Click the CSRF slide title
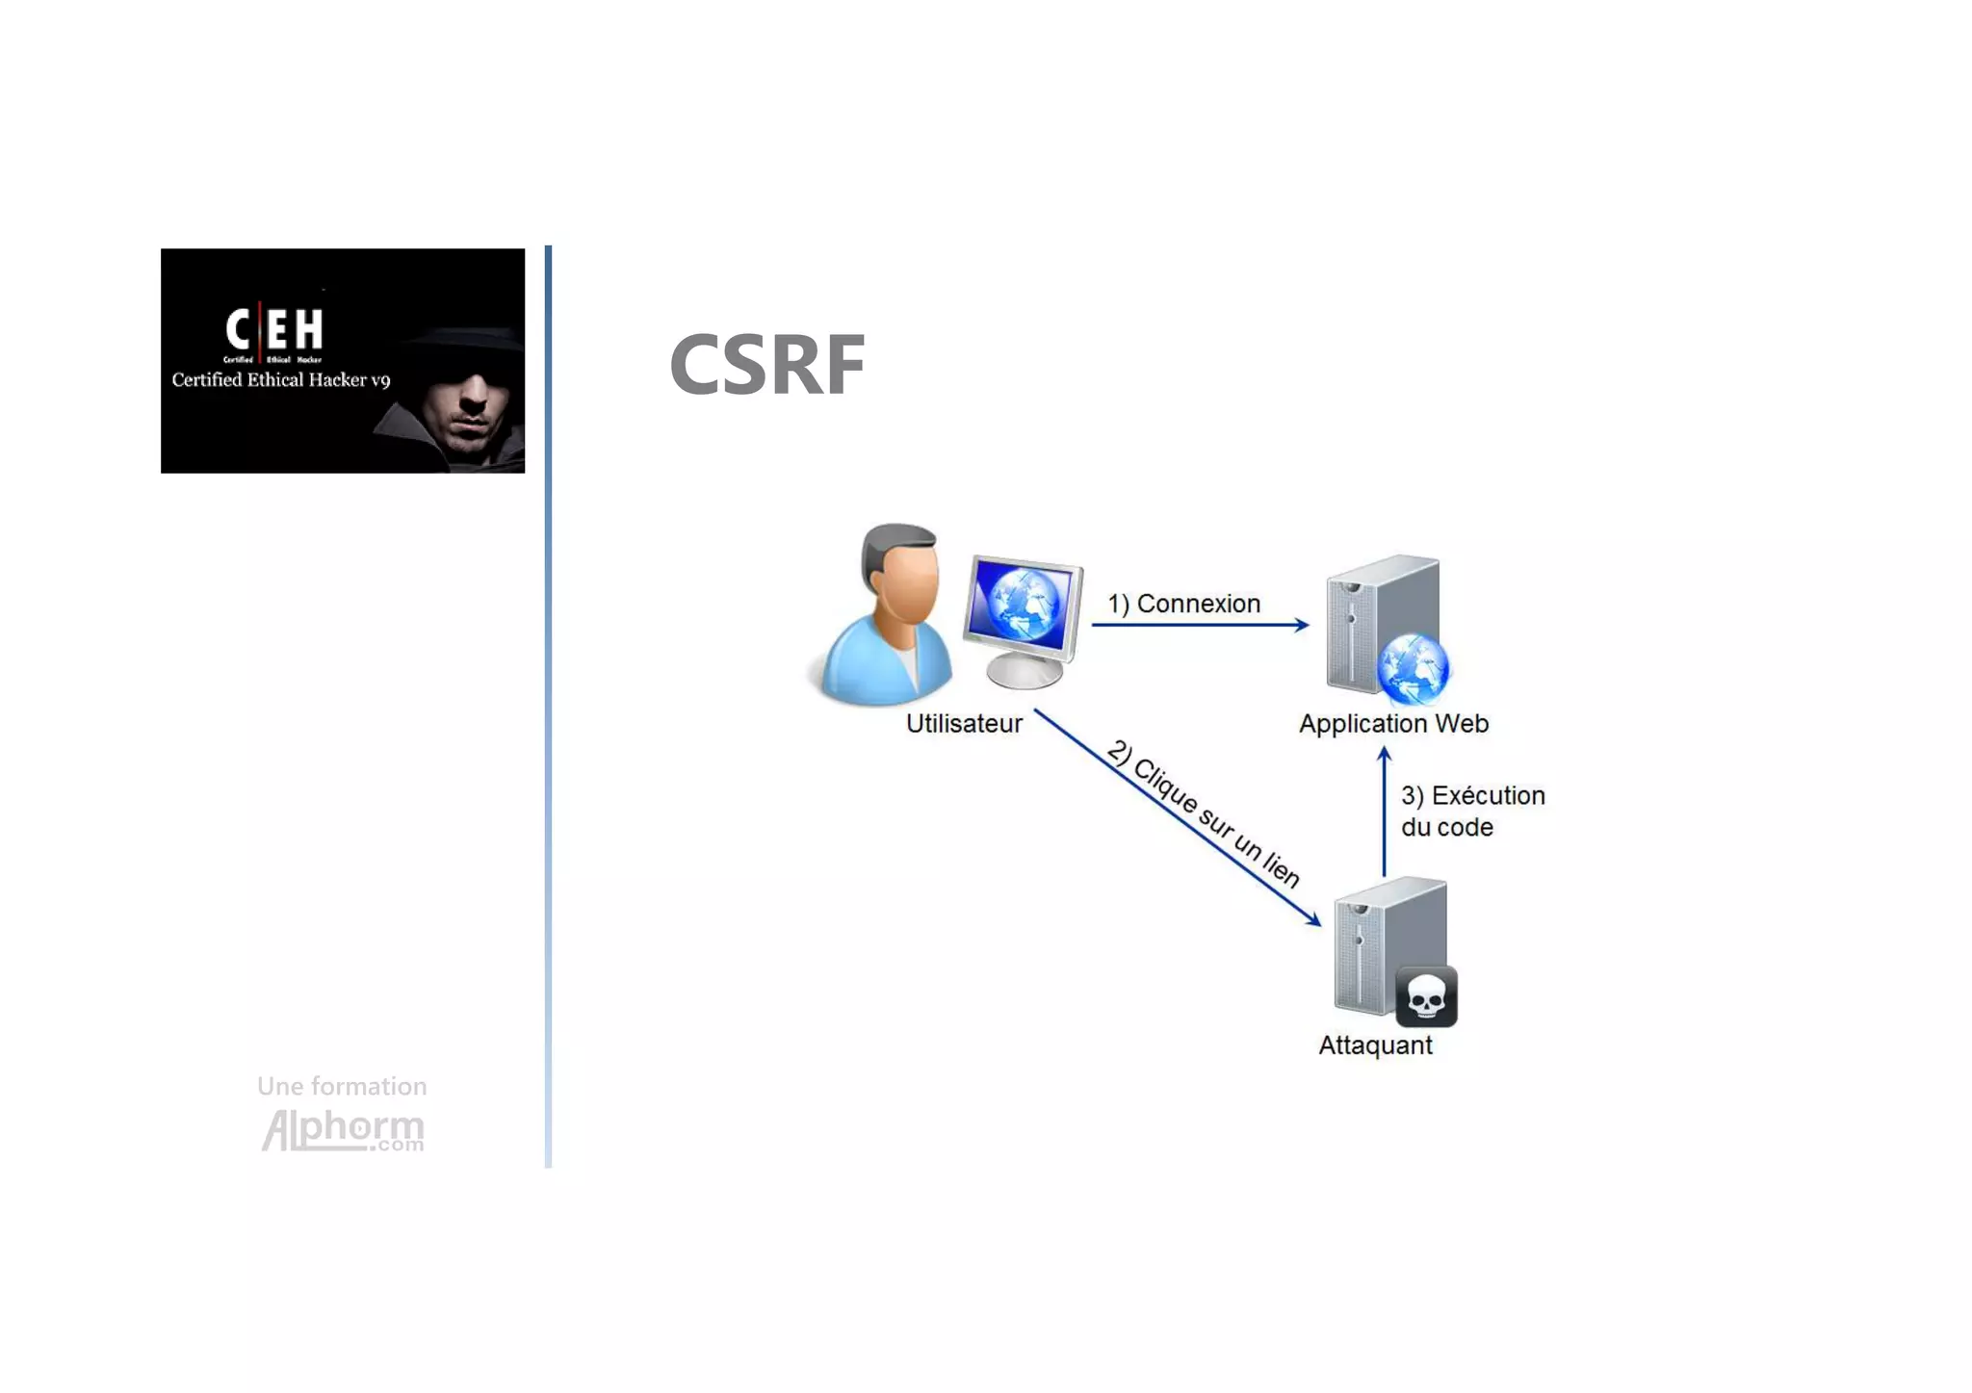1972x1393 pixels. tap(766, 365)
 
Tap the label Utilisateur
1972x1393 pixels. tap(963, 724)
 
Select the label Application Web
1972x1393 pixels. tap(1392, 724)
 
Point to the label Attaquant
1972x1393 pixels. tap(1374, 1045)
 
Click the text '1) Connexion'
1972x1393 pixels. tap(1183, 604)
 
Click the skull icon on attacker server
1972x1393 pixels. tap(1425, 997)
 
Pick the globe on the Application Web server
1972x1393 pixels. tap(1412, 668)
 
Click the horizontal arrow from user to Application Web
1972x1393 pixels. tap(1199, 625)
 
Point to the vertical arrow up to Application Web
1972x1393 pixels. tap(1384, 813)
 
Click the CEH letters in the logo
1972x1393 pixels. tap(274, 329)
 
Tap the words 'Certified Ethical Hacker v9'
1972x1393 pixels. tap(280, 380)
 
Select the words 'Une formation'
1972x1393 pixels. tap(342, 1087)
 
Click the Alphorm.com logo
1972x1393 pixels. tap(343, 1129)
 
